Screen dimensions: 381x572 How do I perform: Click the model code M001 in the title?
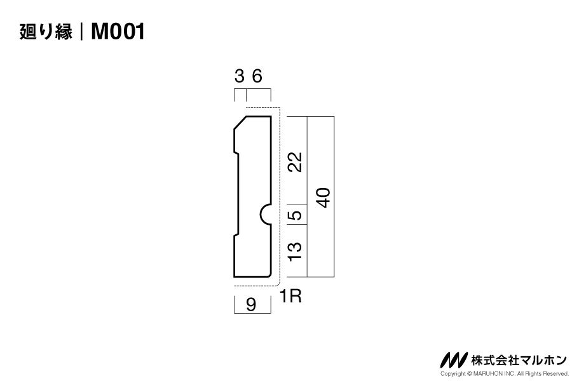point(118,31)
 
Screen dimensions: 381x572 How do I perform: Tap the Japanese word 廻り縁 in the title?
point(46,31)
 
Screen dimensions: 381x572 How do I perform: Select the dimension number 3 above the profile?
point(239,77)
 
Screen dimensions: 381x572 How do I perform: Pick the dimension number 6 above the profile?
point(257,77)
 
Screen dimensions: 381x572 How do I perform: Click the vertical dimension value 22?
point(294,162)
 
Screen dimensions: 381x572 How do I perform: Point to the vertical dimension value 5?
point(294,215)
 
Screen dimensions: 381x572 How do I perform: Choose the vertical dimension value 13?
point(294,251)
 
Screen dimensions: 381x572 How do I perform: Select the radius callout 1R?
point(290,296)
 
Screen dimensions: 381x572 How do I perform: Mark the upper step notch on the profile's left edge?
point(236,152)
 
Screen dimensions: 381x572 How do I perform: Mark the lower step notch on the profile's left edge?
point(236,236)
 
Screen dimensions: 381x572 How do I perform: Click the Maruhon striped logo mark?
point(453,360)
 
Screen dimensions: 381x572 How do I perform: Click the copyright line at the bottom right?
point(504,374)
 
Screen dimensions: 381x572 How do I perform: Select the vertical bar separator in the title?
point(81,31)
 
